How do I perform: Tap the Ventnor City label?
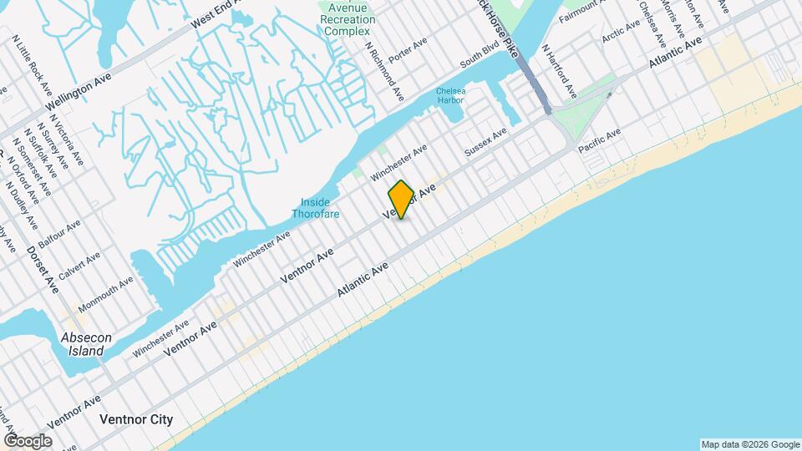pyautogui.click(x=136, y=419)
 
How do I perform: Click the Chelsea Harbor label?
pyautogui.click(x=449, y=96)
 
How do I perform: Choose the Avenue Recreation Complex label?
pyautogui.click(x=345, y=18)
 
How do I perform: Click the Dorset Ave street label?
pyautogui.click(x=41, y=269)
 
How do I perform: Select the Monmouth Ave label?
pyautogui.click(x=105, y=295)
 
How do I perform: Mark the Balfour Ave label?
pyautogui.click(x=59, y=236)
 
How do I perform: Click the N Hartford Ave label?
pyautogui.click(x=559, y=71)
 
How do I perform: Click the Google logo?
pyautogui.click(x=28, y=440)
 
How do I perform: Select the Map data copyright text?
pyautogui.click(x=749, y=443)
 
